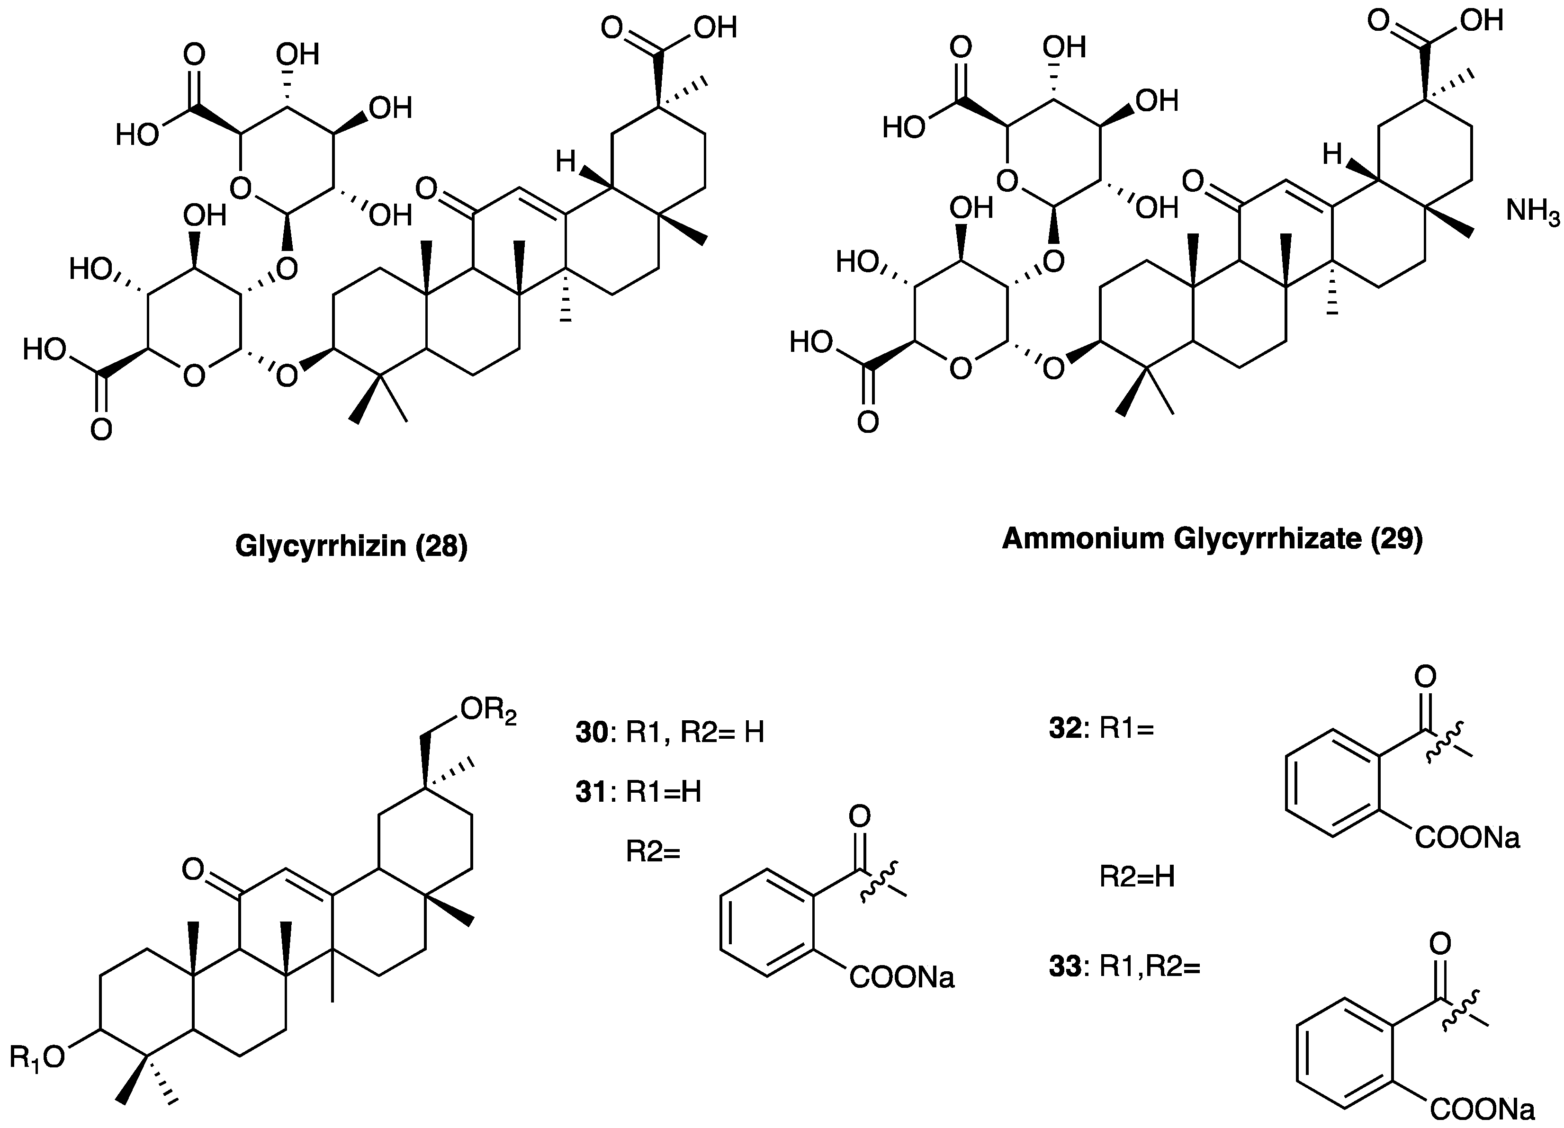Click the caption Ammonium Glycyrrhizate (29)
pyautogui.click(x=1212, y=538)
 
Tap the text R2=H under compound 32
pyautogui.click(x=1136, y=877)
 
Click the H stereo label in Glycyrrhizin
pyautogui.click(x=566, y=163)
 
